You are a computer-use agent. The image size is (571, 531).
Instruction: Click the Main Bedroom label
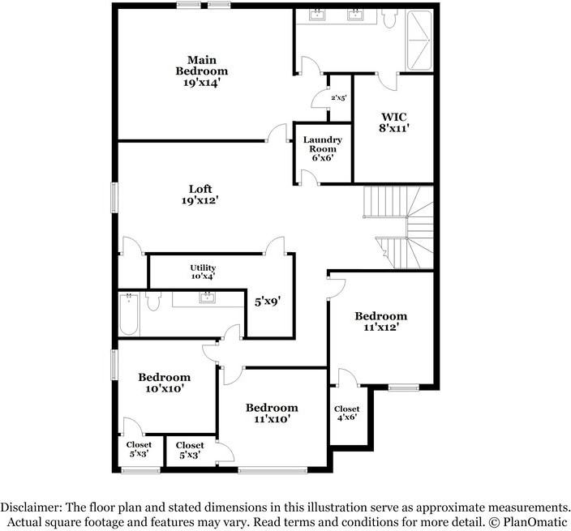click(x=202, y=65)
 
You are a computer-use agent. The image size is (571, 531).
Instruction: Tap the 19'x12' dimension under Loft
click(x=200, y=200)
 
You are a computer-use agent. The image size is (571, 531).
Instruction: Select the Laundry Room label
click(x=323, y=144)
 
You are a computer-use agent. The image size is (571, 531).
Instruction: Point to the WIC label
click(x=394, y=117)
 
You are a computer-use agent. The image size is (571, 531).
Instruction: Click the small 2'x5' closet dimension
click(x=339, y=97)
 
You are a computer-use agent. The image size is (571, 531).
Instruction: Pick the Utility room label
click(x=203, y=268)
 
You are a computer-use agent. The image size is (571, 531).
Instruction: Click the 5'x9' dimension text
click(x=268, y=302)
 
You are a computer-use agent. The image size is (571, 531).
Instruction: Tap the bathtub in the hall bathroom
click(x=129, y=314)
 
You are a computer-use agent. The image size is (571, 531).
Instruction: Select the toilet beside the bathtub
click(x=153, y=299)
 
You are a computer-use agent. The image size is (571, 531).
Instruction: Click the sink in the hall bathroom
click(x=207, y=298)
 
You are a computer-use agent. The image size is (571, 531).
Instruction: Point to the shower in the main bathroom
click(x=419, y=41)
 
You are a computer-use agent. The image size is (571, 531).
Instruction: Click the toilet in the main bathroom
click(x=389, y=19)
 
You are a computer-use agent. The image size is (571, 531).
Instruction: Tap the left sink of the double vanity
click(x=318, y=15)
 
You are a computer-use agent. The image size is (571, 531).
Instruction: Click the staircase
click(x=399, y=228)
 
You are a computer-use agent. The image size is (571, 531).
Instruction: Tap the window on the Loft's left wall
click(x=114, y=197)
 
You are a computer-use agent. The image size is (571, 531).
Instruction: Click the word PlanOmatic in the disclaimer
click(x=535, y=522)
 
